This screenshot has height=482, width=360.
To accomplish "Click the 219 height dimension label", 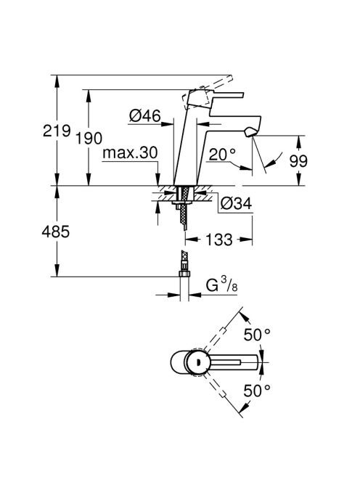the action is tap(57, 131).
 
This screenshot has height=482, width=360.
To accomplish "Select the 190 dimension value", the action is tap(89, 139).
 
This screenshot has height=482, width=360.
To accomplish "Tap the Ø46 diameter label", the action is tap(145, 116).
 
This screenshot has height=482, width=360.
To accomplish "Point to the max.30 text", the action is tap(131, 152).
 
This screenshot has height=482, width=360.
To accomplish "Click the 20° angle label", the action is tap(222, 155).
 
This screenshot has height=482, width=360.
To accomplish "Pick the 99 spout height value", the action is tap(298, 160).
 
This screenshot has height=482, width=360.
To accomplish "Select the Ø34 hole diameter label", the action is tap(236, 203).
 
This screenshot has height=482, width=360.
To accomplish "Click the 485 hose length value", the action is tap(56, 232).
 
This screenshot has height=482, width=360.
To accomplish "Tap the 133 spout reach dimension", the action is tap(219, 240).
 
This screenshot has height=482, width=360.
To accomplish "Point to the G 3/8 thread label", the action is tap(221, 285).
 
